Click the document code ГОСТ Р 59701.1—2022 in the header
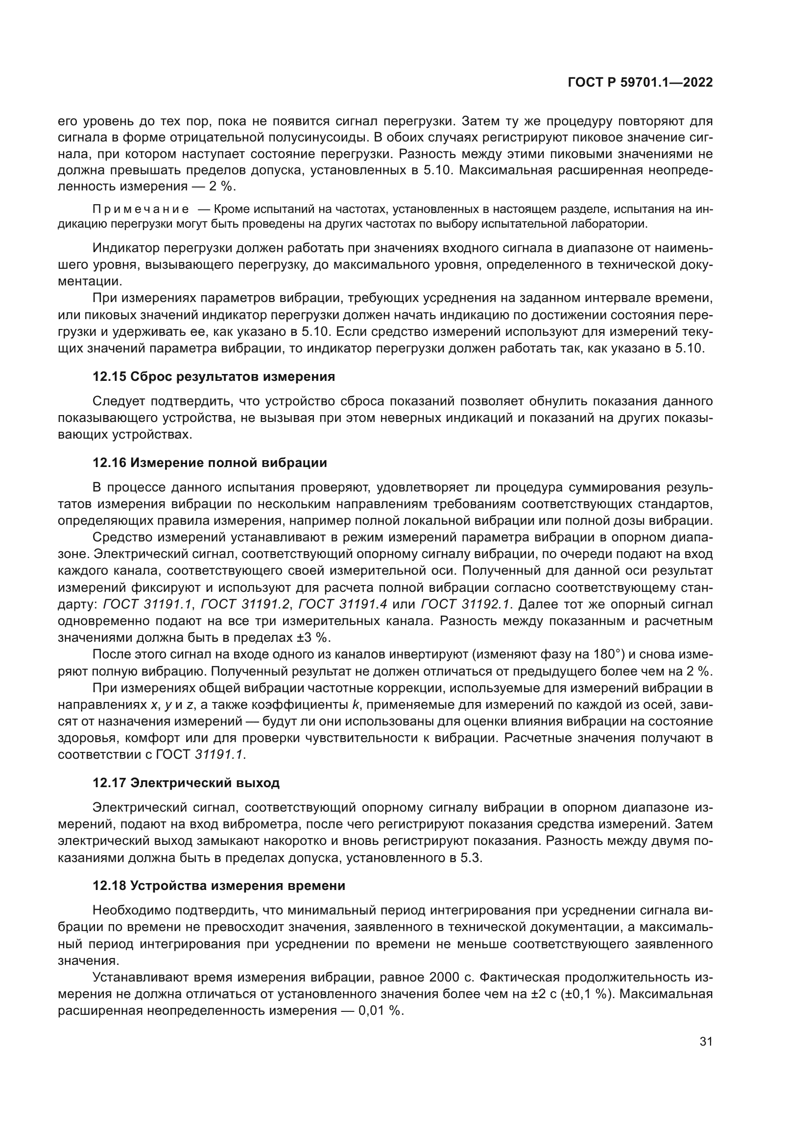pos(640,83)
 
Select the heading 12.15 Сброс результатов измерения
pos(214,376)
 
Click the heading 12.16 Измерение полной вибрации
pos(210,463)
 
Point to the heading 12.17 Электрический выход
pos(186,783)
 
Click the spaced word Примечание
pos(141,209)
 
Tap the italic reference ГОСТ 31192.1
pos(466,605)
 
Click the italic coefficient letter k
pos(356,706)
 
